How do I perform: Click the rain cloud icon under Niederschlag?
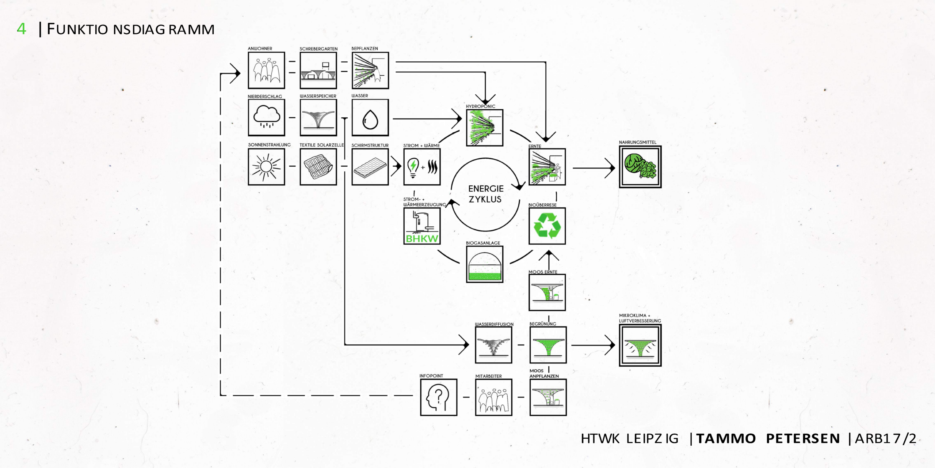(266, 117)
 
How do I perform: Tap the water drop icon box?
(370, 118)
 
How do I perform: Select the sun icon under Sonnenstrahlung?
(266, 167)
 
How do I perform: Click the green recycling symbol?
(547, 226)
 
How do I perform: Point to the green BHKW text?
(422, 239)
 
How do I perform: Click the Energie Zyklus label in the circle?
(485, 194)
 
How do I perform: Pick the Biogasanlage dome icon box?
(485, 264)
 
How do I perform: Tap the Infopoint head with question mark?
(439, 397)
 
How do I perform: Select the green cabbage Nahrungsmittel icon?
(640, 167)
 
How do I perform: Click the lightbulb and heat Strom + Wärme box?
(422, 167)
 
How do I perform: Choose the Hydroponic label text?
(480, 106)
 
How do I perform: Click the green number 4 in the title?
(22, 29)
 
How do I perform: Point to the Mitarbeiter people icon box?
(493, 397)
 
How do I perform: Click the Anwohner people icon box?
(266, 70)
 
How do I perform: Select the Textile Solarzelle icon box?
(318, 167)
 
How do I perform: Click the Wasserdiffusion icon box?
(493, 345)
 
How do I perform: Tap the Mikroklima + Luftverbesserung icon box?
(640, 345)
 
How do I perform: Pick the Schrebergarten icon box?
(318, 70)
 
